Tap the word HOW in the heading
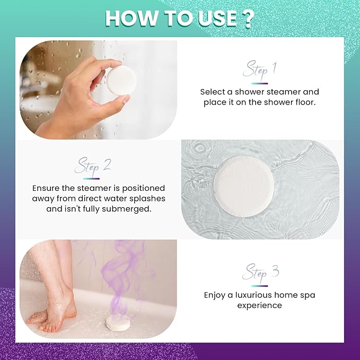point(129,18)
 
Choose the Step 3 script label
point(259,274)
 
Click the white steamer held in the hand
point(121,81)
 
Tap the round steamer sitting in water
point(245,186)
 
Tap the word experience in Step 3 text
point(259,305)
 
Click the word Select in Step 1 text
point(213,92)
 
